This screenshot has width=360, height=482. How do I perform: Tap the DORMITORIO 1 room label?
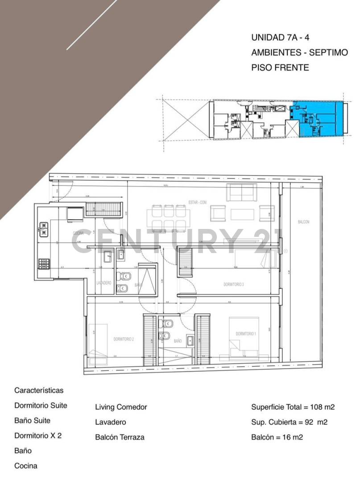point(246,334)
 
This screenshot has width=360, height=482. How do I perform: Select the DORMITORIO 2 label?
point(124,339)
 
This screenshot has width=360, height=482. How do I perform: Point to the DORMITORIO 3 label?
point(234,284)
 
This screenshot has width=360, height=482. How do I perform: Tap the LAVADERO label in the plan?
point(103,283)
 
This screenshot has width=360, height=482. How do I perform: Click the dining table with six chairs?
point(169,218)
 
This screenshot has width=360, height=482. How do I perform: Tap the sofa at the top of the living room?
point(241,192)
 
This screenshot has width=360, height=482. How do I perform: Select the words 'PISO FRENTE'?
point(280,68)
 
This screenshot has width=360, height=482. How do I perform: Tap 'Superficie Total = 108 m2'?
point(293,407)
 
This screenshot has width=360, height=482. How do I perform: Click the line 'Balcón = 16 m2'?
point(277,437)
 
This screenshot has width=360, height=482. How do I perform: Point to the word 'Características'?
point(39,391)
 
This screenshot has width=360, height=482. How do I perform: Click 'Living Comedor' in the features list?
point(121,407)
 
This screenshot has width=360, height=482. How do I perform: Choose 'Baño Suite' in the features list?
point(33,420)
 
